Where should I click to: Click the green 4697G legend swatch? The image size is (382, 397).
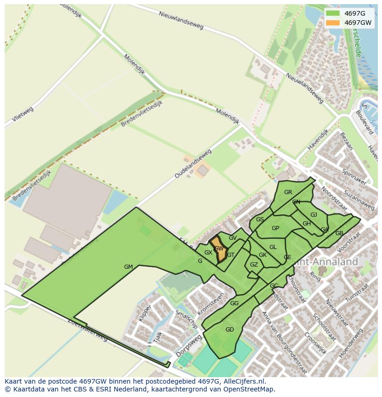[x=332, y=13]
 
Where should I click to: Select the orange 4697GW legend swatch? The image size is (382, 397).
[x=332, y=23]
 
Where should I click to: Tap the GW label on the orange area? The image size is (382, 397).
[x=219, y=249]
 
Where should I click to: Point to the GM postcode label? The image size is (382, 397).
[x=128, y=267]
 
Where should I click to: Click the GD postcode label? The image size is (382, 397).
[x=230, y=330]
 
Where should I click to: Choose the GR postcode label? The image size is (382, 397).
[x=288, y=192]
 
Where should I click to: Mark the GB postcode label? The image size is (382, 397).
[x=339, y=233]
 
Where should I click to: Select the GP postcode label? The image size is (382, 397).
[x=275, y=228]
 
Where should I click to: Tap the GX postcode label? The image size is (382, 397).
[x=208, y=253]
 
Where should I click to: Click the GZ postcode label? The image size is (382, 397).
[x=254, y=265]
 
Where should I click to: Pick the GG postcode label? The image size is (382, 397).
[x=234, y=303]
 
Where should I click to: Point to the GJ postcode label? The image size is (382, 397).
[x=314, y=215]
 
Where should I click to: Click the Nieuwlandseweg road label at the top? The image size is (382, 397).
[x=181, y=20]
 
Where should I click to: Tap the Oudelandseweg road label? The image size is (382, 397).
[x=193, y=164]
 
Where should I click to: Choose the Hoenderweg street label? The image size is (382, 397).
[x=349, y=344]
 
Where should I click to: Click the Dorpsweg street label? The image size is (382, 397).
[x=189, y=346]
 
